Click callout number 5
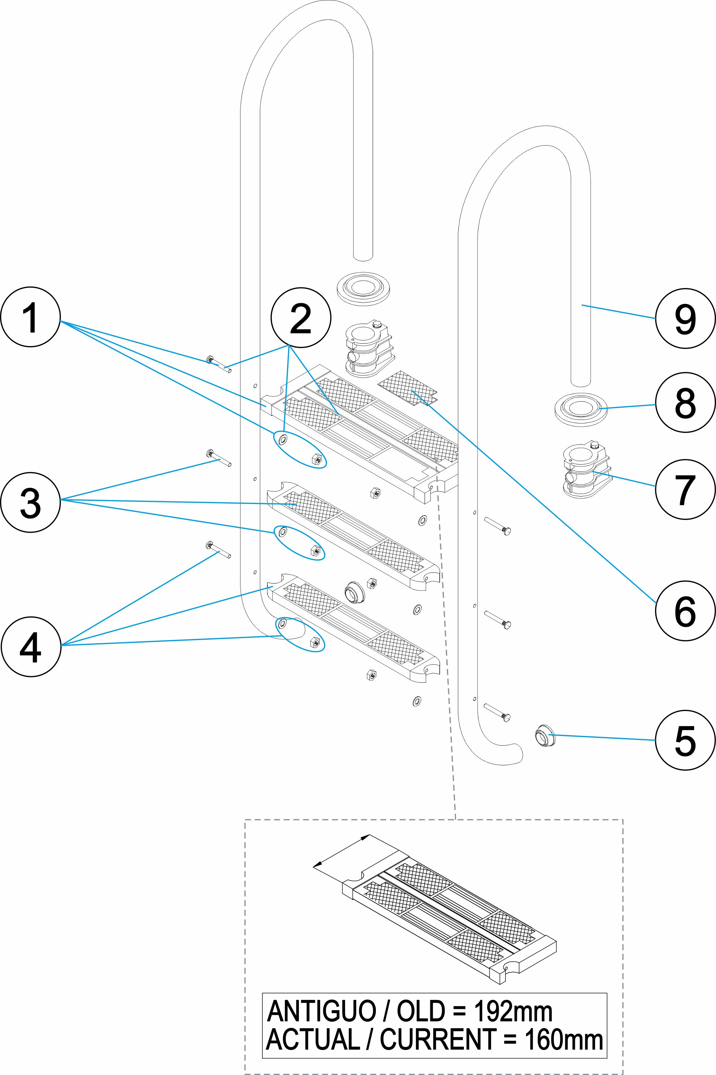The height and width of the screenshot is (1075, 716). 684,740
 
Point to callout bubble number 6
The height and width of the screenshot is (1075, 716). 684,611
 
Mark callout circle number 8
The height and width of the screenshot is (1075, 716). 684,402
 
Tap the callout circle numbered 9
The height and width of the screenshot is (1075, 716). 684,318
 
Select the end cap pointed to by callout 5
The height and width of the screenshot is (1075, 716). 544,735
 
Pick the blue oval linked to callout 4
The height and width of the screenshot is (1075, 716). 300,634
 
